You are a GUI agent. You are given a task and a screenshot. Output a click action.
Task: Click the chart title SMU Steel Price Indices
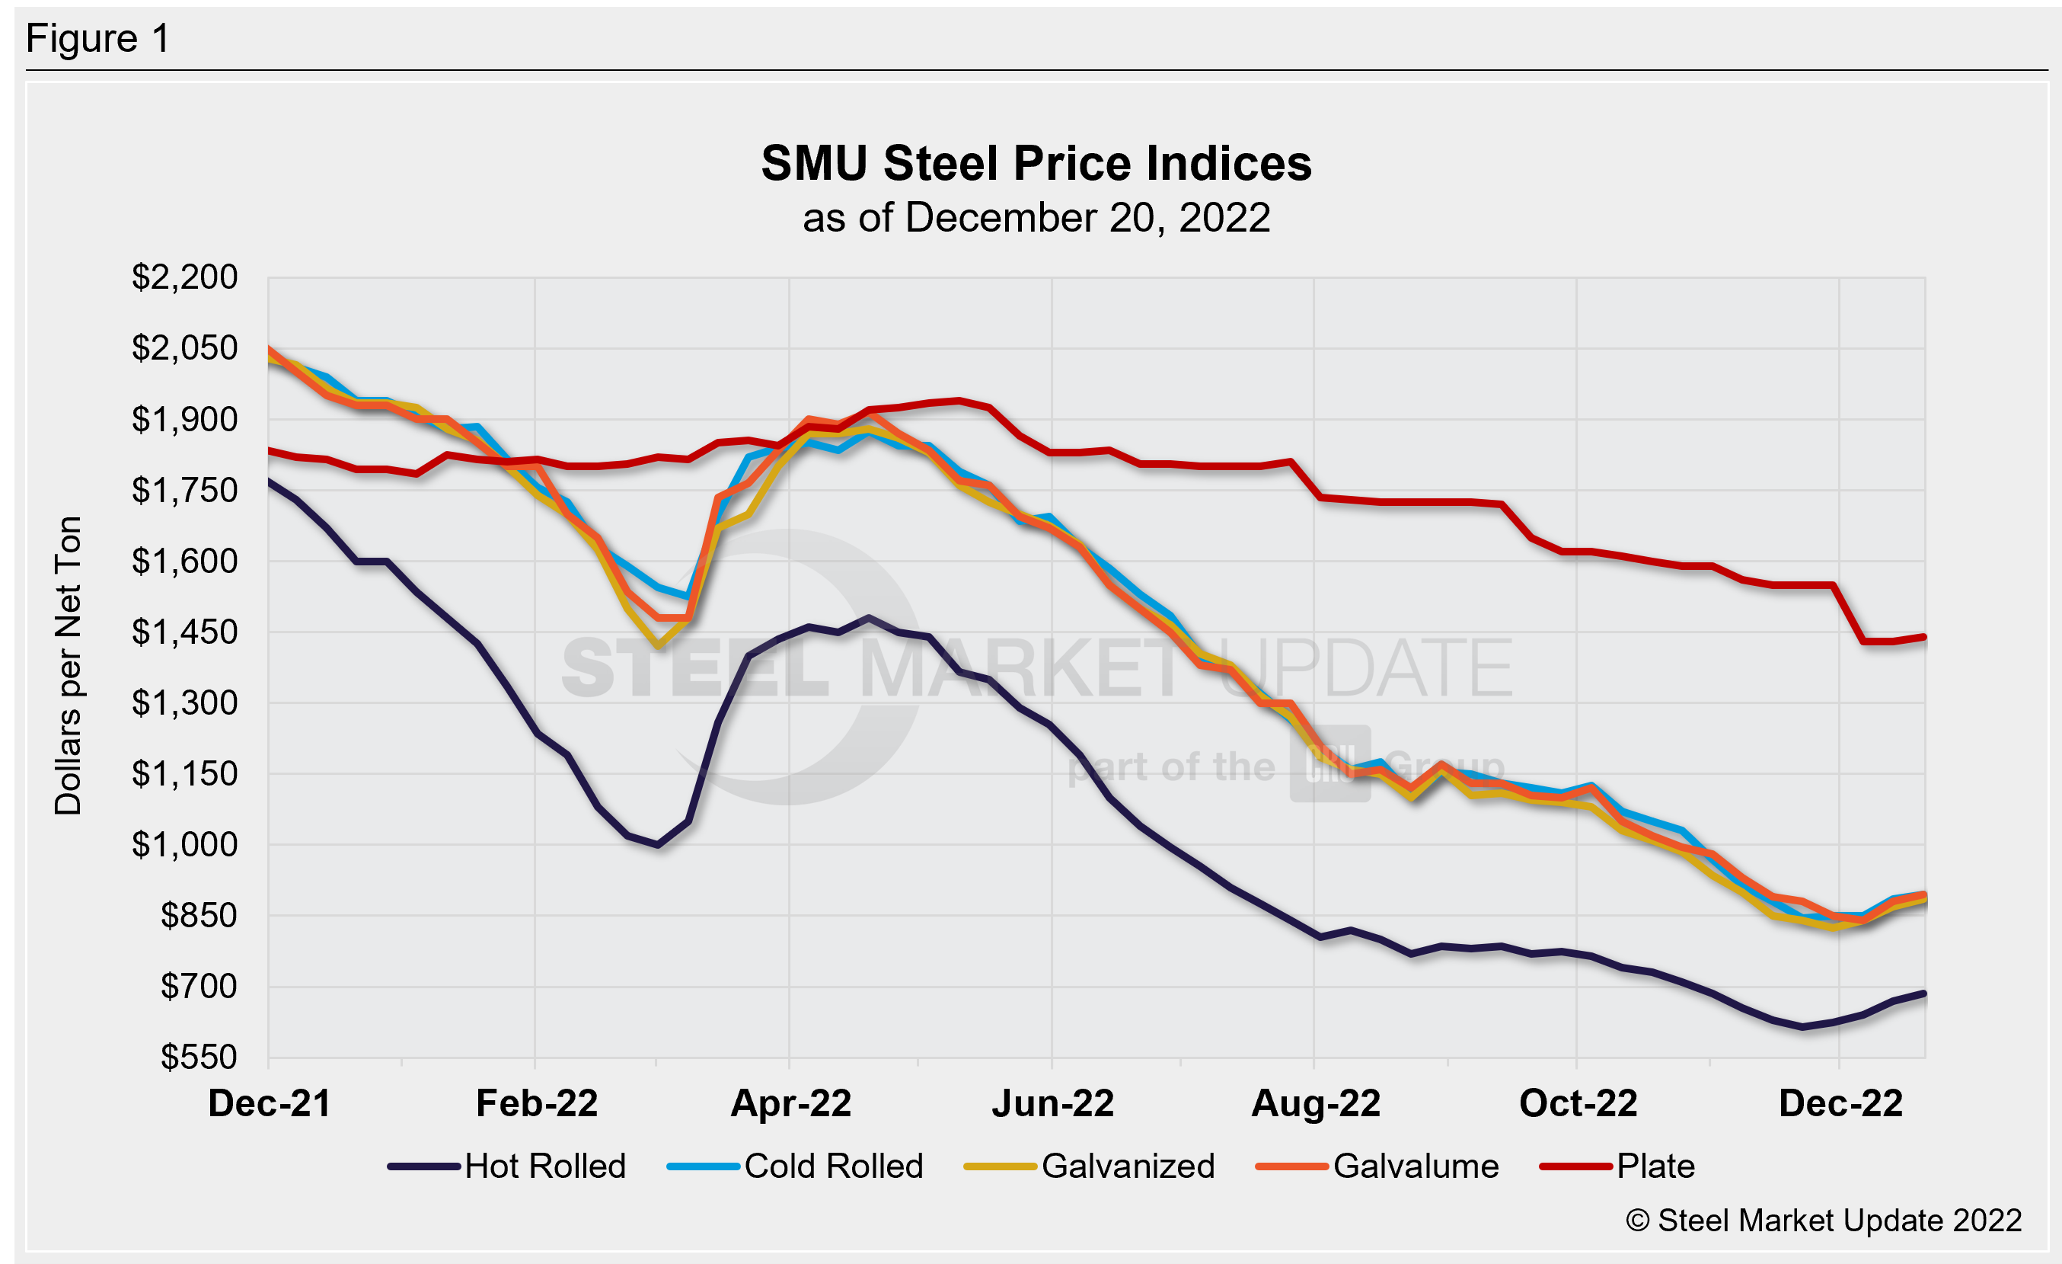pyautogui.click(x=1036, y=163)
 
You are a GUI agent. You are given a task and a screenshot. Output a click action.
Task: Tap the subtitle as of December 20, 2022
pyautogui.click(x=1036, y=219)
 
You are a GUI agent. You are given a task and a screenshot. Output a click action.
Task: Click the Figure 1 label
pyautogui.click(x=98, y=39)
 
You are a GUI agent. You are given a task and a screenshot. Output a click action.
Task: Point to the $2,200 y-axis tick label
pyautogui.click(x=184, y=277)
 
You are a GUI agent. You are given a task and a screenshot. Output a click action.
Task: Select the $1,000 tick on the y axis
pyautogui.click(x=184, y=845)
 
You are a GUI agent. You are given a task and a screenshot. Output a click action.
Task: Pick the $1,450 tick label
pyautogui.click(x=184, y=632)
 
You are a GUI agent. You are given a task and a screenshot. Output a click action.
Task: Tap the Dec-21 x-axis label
pyautogui.click(x=269, y=1103)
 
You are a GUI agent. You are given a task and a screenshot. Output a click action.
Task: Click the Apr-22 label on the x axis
pyautogui.click(x=791, y=1103)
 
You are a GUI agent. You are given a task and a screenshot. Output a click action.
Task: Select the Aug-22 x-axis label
pyautogui.click(x=1316, y=1103)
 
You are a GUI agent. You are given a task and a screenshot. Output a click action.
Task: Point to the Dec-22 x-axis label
pyautogui.click(x=1840, y=1103)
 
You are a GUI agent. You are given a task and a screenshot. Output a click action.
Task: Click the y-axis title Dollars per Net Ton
pyautogui.click(x=69, y=665)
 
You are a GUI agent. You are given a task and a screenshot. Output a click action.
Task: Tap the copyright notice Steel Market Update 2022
pyautogui.click(x=1824, y=1221)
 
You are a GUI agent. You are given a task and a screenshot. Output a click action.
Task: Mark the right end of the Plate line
pyautogui.click(x=1925, y=637)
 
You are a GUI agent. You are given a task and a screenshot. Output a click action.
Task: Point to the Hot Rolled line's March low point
pyautogui.click(x=658, y=845)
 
